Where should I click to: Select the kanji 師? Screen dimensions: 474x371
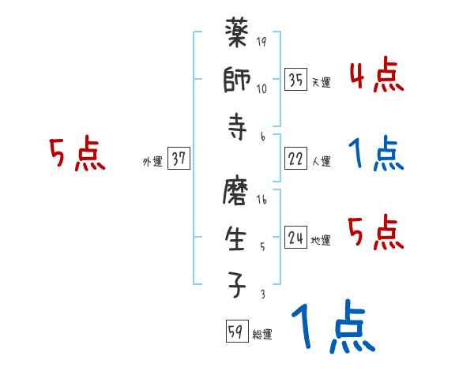(x=237, y=83)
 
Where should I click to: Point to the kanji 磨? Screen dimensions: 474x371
(x=237, y=193)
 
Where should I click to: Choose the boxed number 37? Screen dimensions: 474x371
(x=179, y=159)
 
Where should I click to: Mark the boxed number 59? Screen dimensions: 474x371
(x=235, y=332)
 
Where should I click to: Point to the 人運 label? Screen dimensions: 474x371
(x=321, y=162)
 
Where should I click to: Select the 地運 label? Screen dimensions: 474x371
(x=321, y=241)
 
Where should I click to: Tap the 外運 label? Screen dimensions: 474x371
(x=152, y=162)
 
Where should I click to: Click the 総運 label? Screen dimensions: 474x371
(x=262, y=335)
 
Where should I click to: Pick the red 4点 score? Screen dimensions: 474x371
(x=376, y=77)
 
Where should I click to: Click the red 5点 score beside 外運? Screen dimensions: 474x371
(x=77, y=154)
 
